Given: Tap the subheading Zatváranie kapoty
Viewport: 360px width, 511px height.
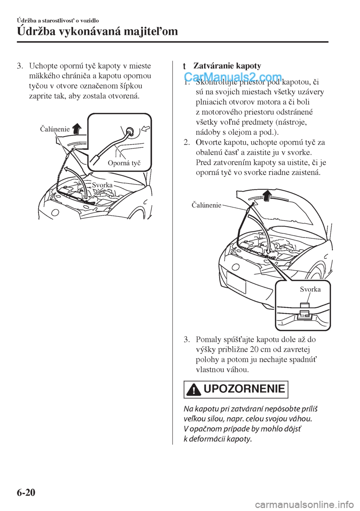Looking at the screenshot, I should [227, 66].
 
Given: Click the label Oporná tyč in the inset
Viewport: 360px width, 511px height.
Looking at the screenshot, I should [124, 163].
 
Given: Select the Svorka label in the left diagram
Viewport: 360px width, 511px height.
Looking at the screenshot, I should [102, 185].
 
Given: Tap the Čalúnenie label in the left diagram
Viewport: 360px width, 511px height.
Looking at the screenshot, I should [54, 129].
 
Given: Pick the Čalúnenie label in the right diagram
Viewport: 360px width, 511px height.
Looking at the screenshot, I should [206, 205].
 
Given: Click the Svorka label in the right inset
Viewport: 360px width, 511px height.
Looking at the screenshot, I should [310, 289].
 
